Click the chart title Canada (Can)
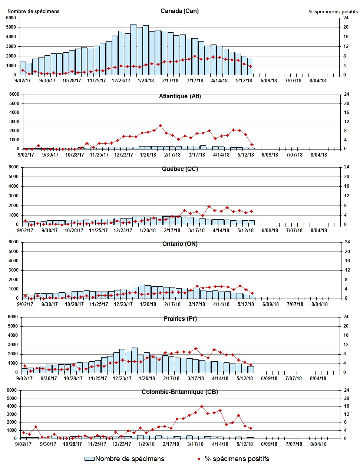179,11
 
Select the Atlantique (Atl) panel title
180,96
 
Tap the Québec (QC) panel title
180,169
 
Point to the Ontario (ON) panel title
180,244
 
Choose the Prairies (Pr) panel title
180,319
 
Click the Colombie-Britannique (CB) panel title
180,392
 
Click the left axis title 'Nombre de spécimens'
33,11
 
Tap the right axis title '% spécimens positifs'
333,11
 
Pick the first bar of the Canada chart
23,68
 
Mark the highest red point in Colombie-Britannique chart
202,406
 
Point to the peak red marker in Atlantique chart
160,126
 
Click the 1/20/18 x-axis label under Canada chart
146,80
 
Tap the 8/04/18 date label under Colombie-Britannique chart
318,444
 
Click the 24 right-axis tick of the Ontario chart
347,242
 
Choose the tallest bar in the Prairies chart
135,360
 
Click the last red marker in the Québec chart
251,211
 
